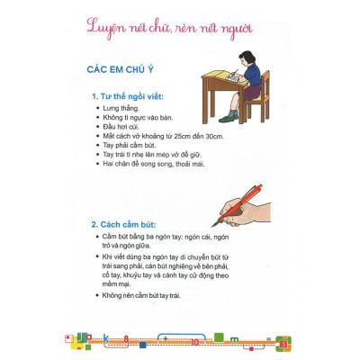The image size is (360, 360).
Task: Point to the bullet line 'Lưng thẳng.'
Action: coord(124,108)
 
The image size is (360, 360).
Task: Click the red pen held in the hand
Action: coord(237,204)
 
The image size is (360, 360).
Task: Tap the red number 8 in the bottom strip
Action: coord(127,341)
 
